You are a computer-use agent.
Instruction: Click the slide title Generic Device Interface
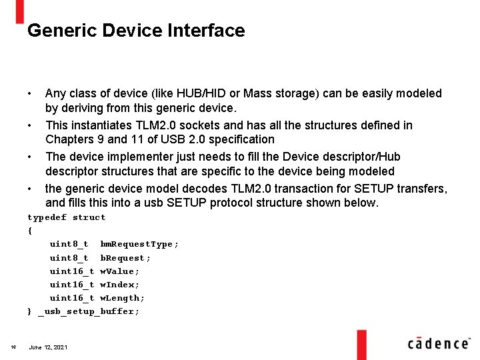pyautogui.click(x=136, y=31)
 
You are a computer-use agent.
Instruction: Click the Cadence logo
pyautogui.click(x=438, y=343)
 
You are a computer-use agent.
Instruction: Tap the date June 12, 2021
pyautogui.click(x=48, y=347)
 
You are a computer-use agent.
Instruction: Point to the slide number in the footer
pyautogui.click(x=13, y=346)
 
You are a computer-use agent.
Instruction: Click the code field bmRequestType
pyautogui.click(x=139, y=244)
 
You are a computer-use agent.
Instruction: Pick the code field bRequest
pyautogui.click(x=125, y=258)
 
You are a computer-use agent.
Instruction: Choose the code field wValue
pyautogui.click(x=120, y=271)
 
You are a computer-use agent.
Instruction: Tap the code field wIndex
pyautogui.click(x=120, y=285)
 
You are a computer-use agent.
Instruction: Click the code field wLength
pyautogui.click(x=123, y=298)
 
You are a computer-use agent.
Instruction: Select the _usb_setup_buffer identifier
pyautogui.click(x=89, y=311)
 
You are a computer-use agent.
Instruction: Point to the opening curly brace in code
pyautogui.click(x=29, y=231)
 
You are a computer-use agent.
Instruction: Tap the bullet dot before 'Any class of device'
pyautogui.click(x=30, y=93)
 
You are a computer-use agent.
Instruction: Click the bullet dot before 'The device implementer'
pyautogui.click(x=30, y=157)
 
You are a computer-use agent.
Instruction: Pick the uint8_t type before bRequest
pyautogui.click(x=69, y=258)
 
